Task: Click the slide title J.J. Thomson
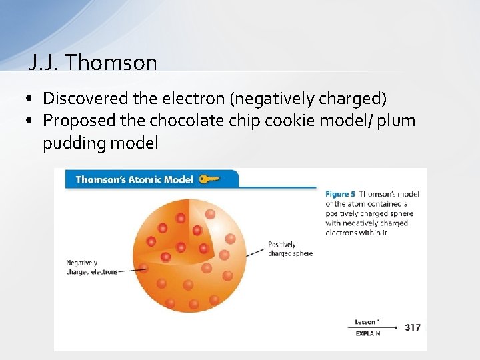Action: pyautogui.click(x=93, y=63)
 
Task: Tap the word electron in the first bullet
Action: pyautogui.click(x=193, y=99)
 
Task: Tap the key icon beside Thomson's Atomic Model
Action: pyautogui.click(x=209, y=179)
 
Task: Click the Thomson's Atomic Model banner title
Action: pyautogui.click(x=134, y=179)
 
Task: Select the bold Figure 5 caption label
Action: pyautogui.click(x=340, y=194)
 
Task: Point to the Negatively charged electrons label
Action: pyautogui.click(x=91, y=267)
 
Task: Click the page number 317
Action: pyautogui.click(x=412, y=327)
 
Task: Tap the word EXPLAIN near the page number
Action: pyautogui.click(x=367, y=333)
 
